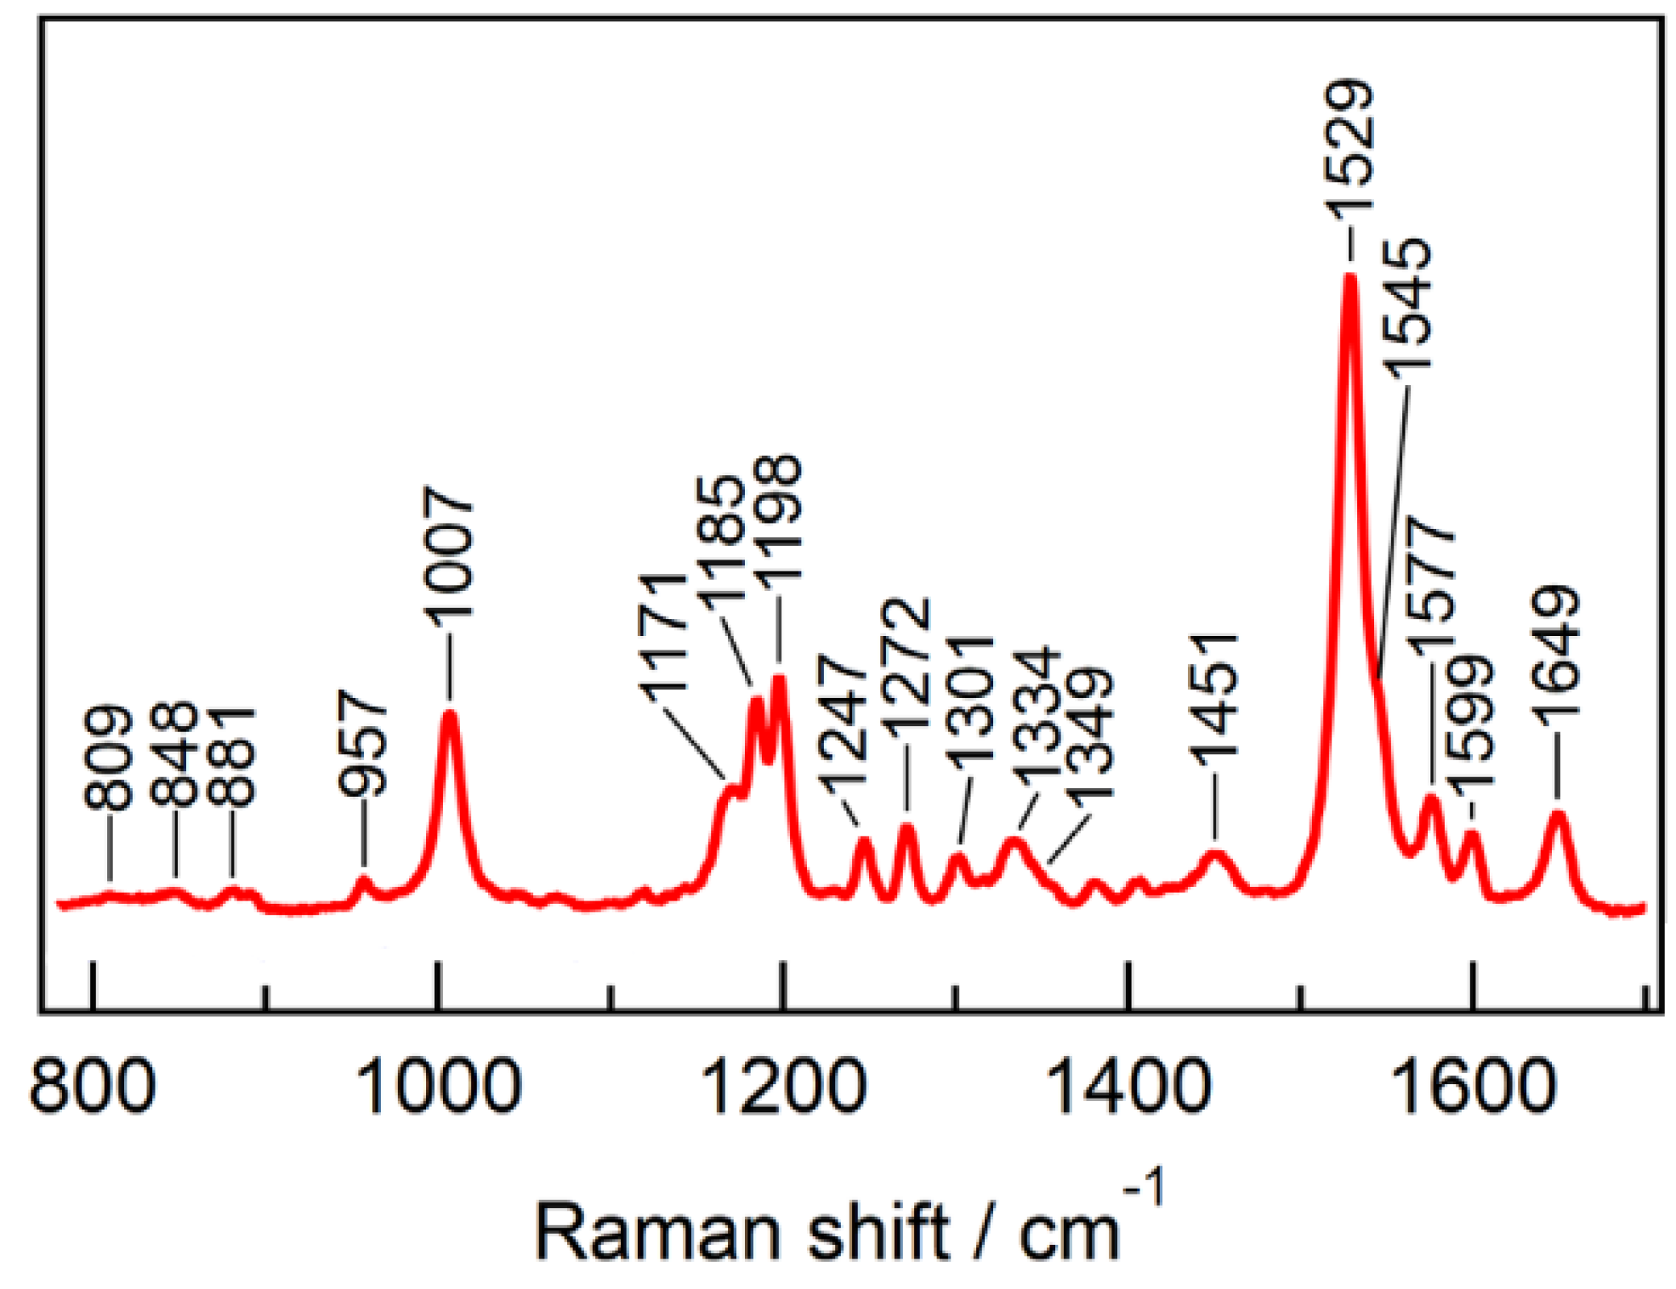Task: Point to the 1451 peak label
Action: coord(1214,699)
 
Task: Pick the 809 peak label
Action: coord(109,757)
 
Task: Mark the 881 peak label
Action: coord(231,756)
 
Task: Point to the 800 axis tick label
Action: coord(92,1087)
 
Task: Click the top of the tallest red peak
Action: coord(1349,277)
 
